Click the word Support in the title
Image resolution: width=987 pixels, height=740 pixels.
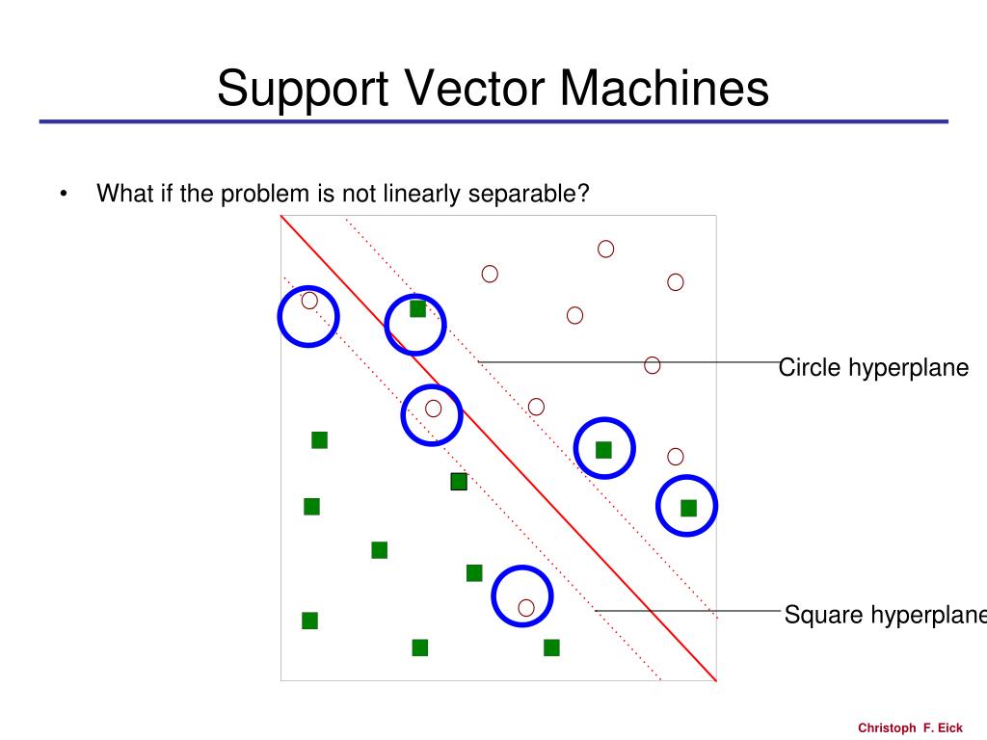[301, 89]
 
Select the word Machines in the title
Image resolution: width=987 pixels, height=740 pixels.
[664, 89]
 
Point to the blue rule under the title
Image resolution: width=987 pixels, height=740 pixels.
[493, 122]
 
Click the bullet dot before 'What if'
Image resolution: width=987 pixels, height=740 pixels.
[63, 195]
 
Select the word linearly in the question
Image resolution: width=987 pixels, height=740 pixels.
[423, 194]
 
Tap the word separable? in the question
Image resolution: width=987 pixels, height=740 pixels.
[529, 194]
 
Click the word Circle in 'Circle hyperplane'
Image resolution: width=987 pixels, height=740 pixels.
[810, 368]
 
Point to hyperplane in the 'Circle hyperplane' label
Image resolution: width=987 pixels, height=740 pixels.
[909, 368]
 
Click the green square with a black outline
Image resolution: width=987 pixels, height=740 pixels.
[459, 482]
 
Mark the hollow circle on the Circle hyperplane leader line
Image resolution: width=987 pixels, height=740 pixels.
[653, 365]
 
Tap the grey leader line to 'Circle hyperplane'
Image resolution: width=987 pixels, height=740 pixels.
[559, 362]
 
